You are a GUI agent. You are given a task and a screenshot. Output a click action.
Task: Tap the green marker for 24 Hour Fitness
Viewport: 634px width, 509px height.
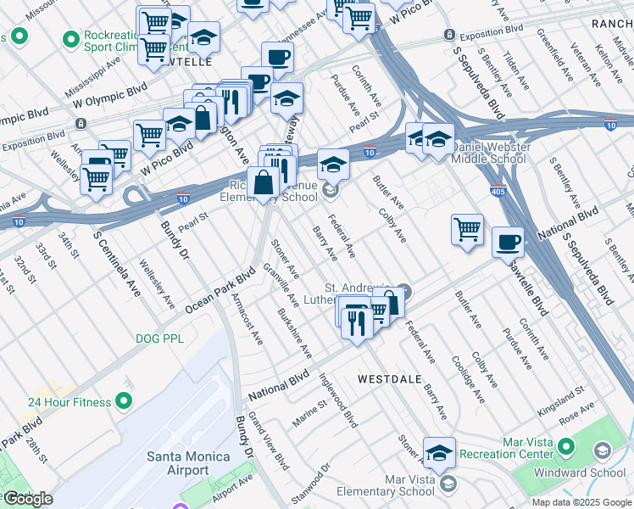(x=125, y=400)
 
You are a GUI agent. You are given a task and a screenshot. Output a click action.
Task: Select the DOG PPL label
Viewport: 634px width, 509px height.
(x=159, y=338)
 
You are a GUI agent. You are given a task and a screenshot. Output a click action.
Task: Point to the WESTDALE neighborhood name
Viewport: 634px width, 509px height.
(x=389, y=379)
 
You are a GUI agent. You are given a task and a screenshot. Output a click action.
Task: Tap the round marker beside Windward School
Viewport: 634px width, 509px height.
(x=603, y=450)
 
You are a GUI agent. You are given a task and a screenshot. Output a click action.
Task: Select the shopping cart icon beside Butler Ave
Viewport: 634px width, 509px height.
(x=467, y=228)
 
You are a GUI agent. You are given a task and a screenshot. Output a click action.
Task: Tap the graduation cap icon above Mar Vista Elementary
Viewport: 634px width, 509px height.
(x=439, y=453)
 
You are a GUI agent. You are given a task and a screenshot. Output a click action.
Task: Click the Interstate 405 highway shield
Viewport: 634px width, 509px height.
(x=498, y=191)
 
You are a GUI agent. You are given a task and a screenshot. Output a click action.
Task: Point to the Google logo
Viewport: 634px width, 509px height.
(x=29, y=499)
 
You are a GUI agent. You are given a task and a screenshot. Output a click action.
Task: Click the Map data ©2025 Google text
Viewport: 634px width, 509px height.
(x=581, y=502)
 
